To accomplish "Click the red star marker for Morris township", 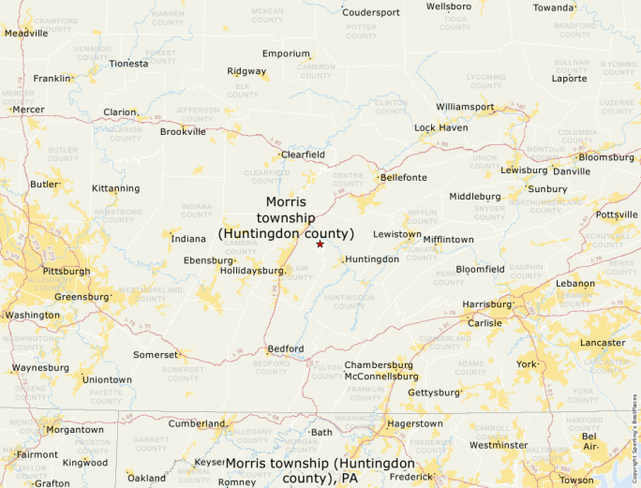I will (320, 244).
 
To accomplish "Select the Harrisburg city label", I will (486, 304).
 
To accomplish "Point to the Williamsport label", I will (465, 107).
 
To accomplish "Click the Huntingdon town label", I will (372, 259).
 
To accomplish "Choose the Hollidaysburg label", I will (252, 270).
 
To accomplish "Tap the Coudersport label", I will (371, 12).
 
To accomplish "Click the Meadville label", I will (26, 33).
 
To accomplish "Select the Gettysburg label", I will (434, 392).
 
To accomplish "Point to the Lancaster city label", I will (603, 343).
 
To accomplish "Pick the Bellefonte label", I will (403, 177).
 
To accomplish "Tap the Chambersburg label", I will (379, 364).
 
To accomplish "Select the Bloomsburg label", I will (606, 157).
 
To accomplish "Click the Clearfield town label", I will (303, 154).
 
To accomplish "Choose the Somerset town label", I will (155, 355).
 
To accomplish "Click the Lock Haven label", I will (441, 127).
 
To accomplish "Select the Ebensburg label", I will (208, 260).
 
